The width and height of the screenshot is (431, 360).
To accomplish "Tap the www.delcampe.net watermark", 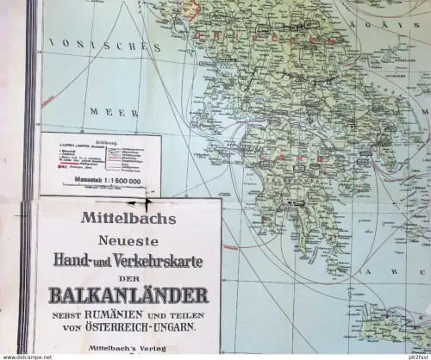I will click(26, 355).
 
